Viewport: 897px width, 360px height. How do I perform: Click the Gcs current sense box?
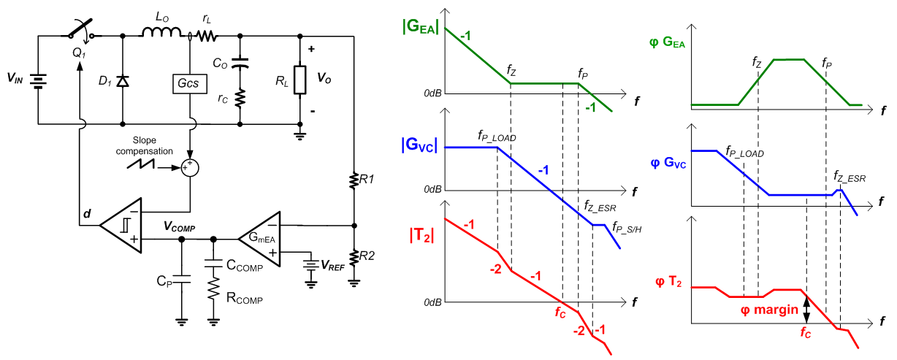[x=189, y=84]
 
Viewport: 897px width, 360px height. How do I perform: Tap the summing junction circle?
[x=190, y=167]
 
